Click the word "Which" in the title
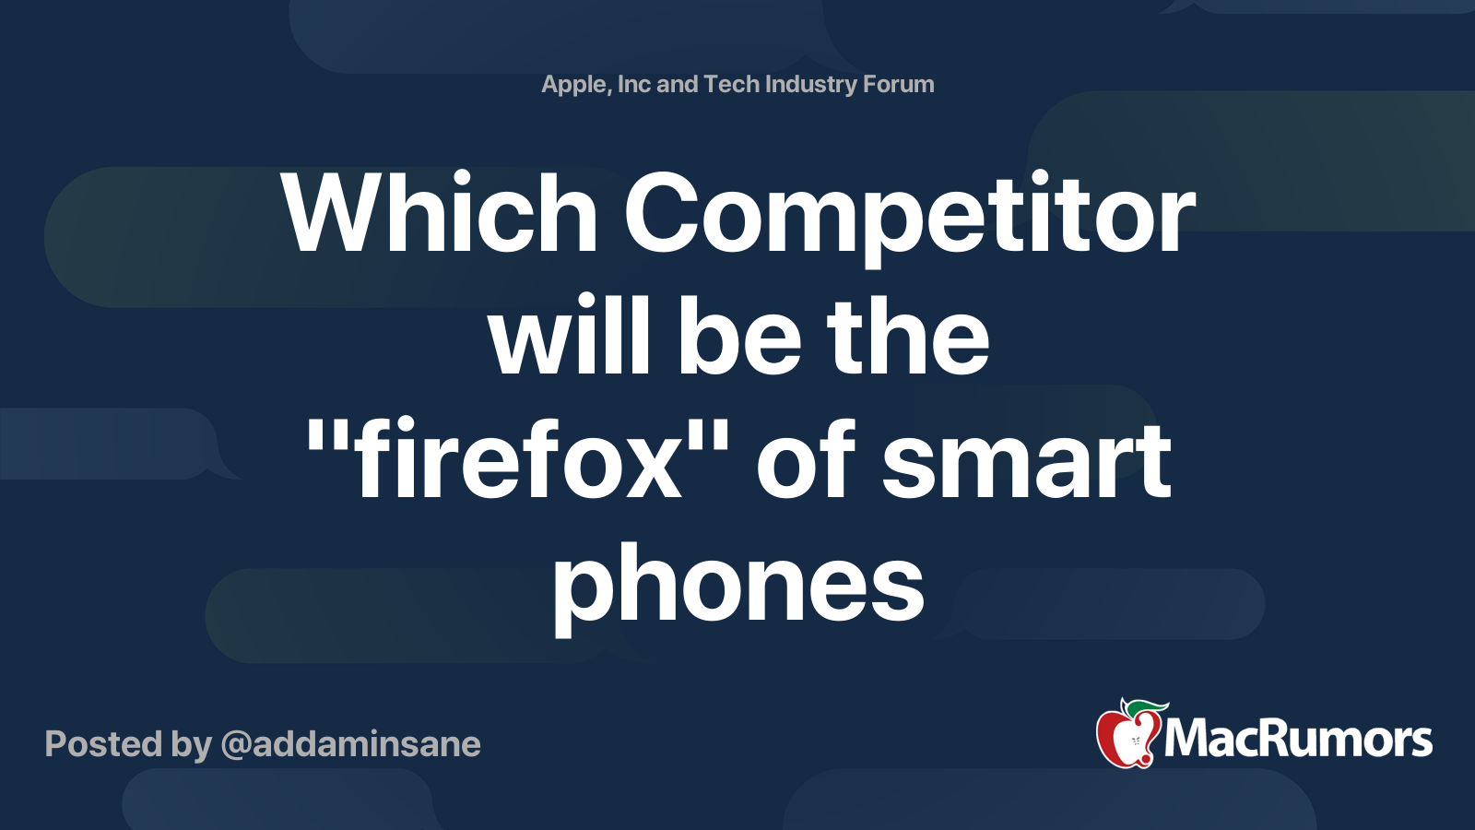(441, 214)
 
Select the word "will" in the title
(570, 338)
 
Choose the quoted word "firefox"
(517, 459)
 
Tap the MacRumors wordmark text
(1298, 740)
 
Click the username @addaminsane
(350, 744)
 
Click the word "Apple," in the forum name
(575, 85)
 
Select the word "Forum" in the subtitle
(899, 84)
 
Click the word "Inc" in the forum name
(634, 84)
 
